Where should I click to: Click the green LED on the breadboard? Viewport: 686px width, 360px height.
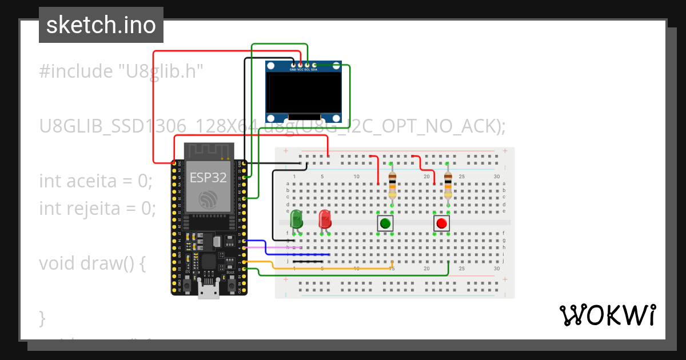pyautogui.click(x=296, y=219)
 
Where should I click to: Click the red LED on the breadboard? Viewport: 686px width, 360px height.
pyautogui.click(x=324, y=219)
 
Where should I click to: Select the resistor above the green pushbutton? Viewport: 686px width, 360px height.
pyautogui.click(x=392, y=184)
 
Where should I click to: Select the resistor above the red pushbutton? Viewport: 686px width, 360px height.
pyautogui.click(x=448, y=184)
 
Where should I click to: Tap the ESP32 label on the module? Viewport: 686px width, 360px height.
pyautogui.click(x=208, y=177)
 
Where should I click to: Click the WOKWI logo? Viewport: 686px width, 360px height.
pyautogui.click(x=607, y=315)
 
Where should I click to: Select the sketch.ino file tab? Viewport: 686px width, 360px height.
pyautogui.click(x=101, y=25)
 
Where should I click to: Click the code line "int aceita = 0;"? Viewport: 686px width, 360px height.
pyautogui.click(x=95, y=181)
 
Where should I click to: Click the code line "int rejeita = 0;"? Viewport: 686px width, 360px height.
pyautogui.click(x=97, y=209)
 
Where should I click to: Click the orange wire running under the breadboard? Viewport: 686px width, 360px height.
pyautogui.click(x=332, y=268)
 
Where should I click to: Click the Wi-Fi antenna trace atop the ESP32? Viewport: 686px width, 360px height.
pyautogui.click(x=209, y=151)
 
